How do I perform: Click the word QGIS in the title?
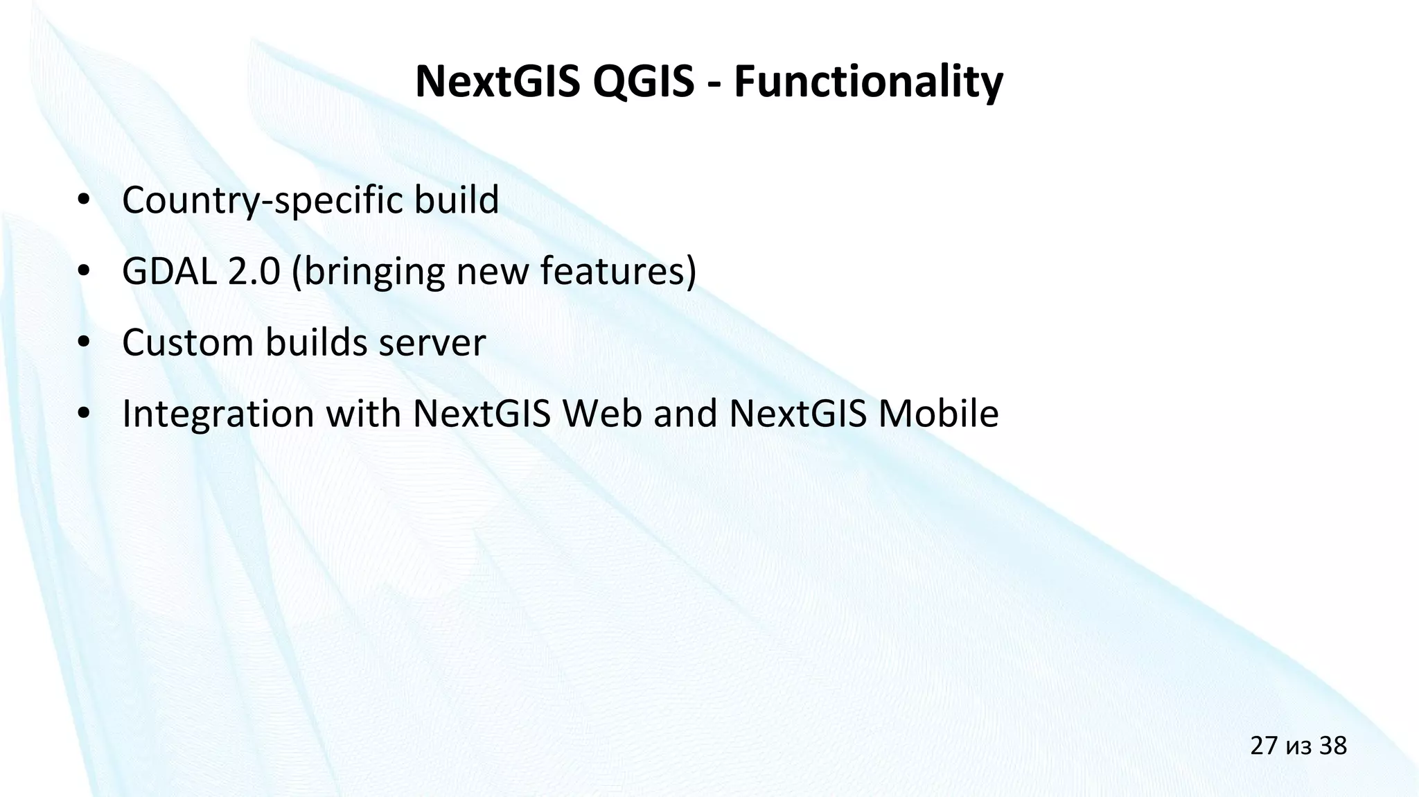[643, 82]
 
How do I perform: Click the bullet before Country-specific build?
[85, 200]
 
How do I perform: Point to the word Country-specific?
[267, 200]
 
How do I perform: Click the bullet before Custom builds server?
[85, 343]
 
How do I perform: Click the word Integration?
[218, 414]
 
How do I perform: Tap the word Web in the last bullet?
[601, 413]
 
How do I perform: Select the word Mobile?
[938, 413]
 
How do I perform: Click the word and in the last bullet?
[685, 413]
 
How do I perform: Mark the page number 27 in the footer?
[1264, 746]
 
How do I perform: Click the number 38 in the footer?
[1332, 746]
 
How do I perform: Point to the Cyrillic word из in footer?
[1298, 748]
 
